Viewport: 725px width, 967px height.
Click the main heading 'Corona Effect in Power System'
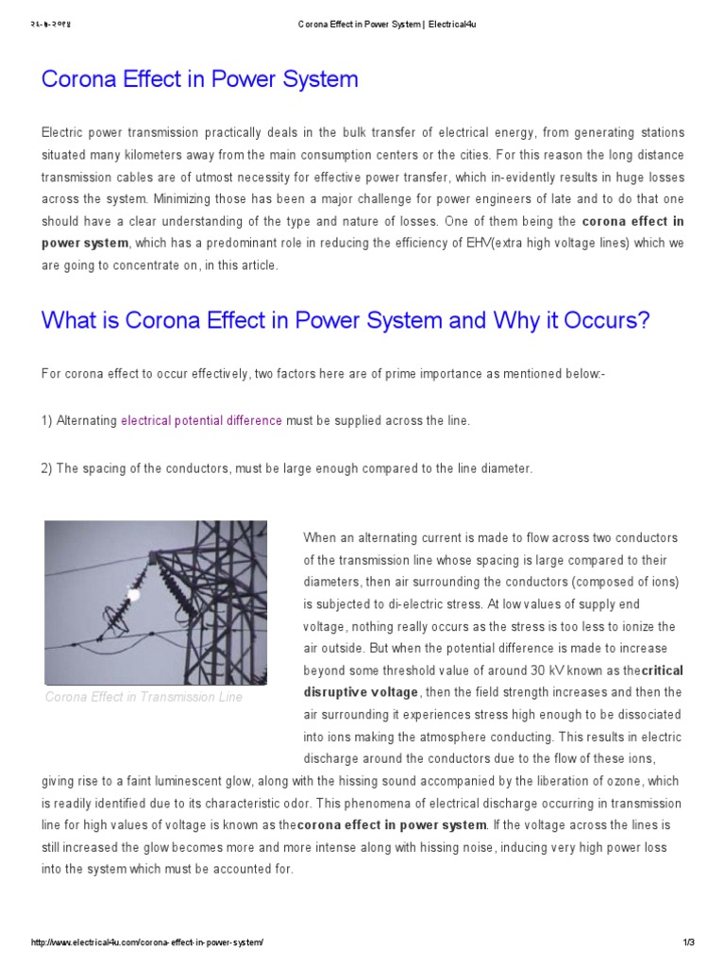coord(199,79)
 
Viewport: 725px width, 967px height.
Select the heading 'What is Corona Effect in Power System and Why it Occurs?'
coord(346,320)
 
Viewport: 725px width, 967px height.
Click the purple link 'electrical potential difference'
coord(201,420)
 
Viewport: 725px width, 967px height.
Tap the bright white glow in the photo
coord(134,595)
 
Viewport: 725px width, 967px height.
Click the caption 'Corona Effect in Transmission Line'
coord(143,697)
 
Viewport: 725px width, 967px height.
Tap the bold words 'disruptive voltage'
coord(361,692)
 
